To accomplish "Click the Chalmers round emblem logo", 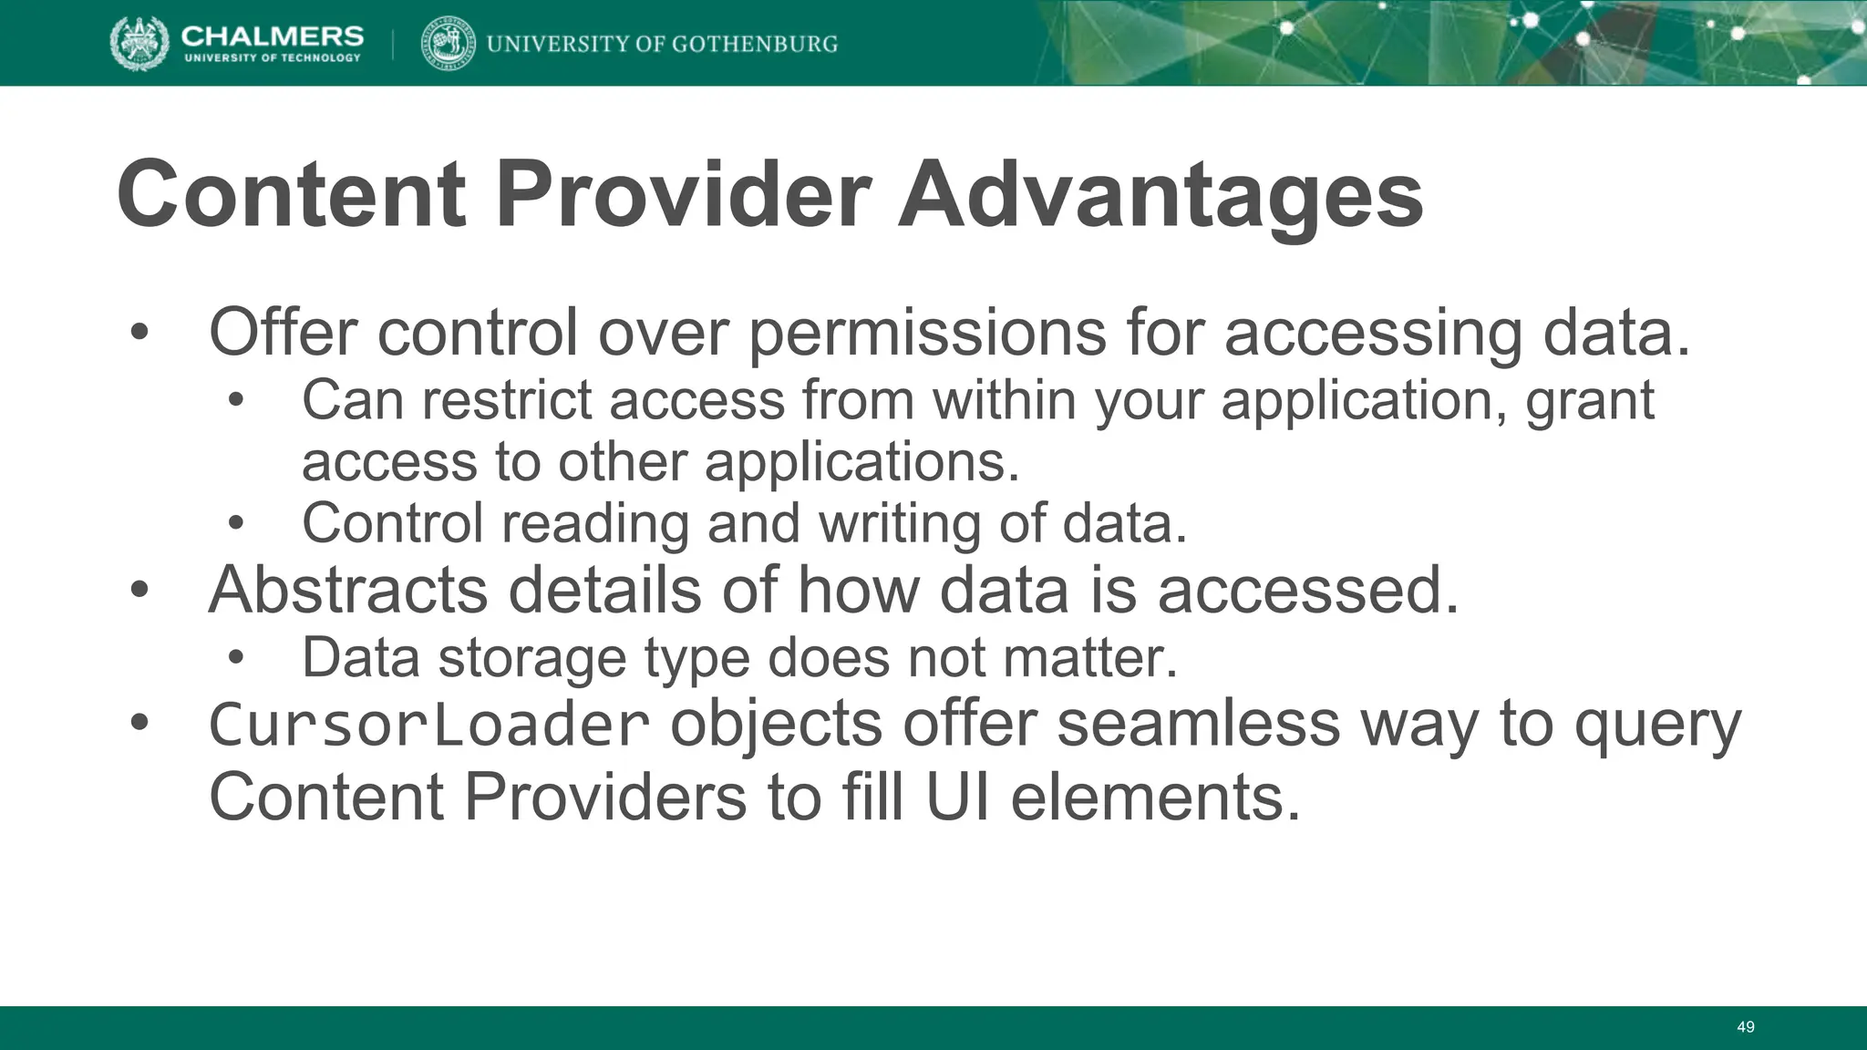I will click(x=139, y=43).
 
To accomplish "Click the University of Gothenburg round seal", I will click(x=448, y=43).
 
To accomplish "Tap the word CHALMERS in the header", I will click(x=272, y=35).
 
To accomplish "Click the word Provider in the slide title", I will click(x=683, y=194).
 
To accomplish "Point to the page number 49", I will click(x=1745, y=1027).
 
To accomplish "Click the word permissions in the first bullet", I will click(x=926, y=334).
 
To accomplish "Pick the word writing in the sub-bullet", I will click(x=899, y=524).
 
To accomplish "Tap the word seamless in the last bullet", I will click(x=1198, y=725).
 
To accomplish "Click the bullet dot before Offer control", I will click(x=139, y=333).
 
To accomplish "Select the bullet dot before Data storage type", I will click(x=236, y=657).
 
